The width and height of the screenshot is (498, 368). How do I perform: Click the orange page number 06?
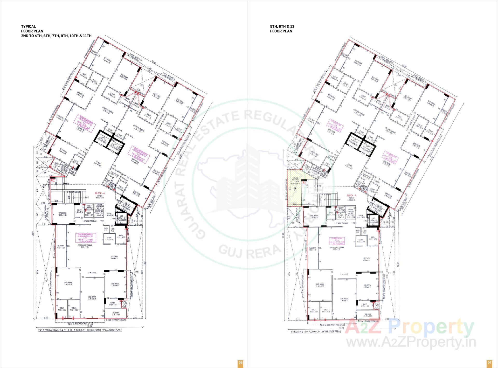pos(240,362)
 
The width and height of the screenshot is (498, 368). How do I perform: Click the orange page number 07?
pos(489,362)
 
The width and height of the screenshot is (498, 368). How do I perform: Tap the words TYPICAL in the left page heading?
pos(29,26)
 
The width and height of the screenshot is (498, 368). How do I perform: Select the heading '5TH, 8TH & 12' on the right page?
pos(282,26)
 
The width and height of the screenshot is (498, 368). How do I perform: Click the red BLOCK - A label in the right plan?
pos(352,196)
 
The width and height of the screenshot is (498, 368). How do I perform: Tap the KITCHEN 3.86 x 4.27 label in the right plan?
pos(366,260)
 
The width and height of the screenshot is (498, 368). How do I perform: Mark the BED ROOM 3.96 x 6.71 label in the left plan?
pos(92,298)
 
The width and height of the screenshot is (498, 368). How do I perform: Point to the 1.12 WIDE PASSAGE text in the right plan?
pos(341,223)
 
